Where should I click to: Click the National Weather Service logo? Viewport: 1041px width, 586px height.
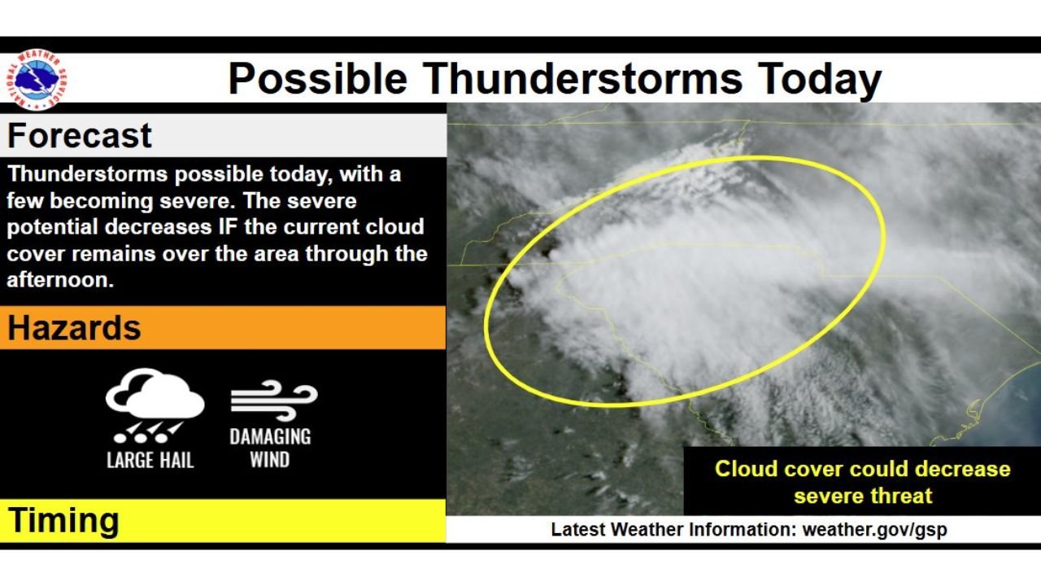coord(37,80)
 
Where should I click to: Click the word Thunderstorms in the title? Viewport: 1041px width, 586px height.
coord(583,78)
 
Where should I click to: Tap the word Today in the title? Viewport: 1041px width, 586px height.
coord(819,80)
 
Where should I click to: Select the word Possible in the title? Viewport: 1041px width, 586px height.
coord(318,78)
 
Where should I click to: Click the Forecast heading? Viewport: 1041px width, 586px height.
coord(80,136)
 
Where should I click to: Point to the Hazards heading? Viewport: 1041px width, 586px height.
coord(74,328)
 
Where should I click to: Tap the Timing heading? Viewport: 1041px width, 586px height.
coord(63,520)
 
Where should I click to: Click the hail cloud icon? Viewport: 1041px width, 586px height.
coord(155,405)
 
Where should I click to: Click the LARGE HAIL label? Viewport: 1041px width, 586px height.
coord(150,461)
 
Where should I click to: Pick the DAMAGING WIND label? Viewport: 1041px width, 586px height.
coord(271,448)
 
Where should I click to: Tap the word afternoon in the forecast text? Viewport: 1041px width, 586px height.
coord(60,280)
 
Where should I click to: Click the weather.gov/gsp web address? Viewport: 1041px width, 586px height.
coord(874,530)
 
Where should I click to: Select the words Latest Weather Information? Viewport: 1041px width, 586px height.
coord(674,529)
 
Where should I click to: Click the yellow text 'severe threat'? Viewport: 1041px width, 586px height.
coord(863,496)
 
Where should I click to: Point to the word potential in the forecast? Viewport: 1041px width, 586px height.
coord(53,228)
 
